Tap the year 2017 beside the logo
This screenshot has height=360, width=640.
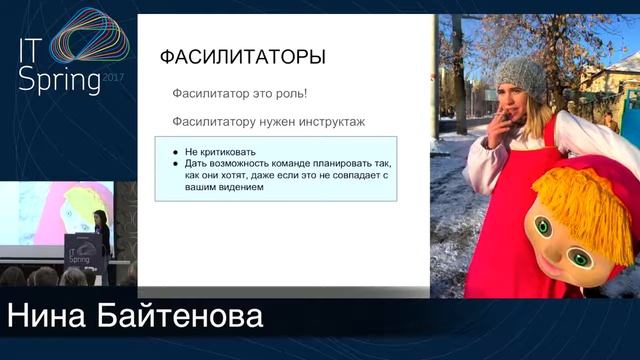[114, 75]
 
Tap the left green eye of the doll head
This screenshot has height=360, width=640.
[543, 226]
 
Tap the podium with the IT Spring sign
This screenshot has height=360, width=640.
[79, 256]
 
